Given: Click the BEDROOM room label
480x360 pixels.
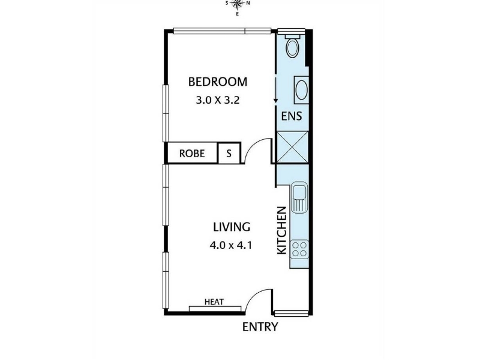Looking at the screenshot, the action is coord(218,82).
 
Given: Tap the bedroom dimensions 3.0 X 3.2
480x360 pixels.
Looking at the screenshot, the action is coord(218,100).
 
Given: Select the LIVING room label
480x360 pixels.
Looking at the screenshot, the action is coord(232,227).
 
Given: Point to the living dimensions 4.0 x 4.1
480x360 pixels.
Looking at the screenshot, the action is coord(231,245).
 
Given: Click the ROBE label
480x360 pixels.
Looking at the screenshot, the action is coord(192,154).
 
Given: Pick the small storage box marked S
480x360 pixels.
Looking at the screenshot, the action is coord(229,153).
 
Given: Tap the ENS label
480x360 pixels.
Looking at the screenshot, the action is coord(292,116).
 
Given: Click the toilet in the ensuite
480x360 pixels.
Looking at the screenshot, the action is coord(292,46).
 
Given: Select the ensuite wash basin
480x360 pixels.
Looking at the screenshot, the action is coord(301,90).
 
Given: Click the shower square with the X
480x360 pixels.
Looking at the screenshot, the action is coord(292,147).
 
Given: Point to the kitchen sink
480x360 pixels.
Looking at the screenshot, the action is coord(299,197).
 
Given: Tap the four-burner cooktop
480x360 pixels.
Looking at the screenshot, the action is coord(299,249).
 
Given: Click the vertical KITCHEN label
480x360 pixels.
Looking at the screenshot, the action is coord(281,230).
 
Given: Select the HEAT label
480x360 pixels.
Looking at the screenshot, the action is coord(214,302).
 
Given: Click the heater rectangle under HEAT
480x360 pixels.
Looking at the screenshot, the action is coord(215,308).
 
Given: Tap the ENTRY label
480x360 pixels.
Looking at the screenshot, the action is coord(260,327).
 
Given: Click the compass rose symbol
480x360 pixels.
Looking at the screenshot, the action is coord(237,4).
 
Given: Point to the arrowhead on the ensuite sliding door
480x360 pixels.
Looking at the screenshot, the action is coord(275,100).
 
